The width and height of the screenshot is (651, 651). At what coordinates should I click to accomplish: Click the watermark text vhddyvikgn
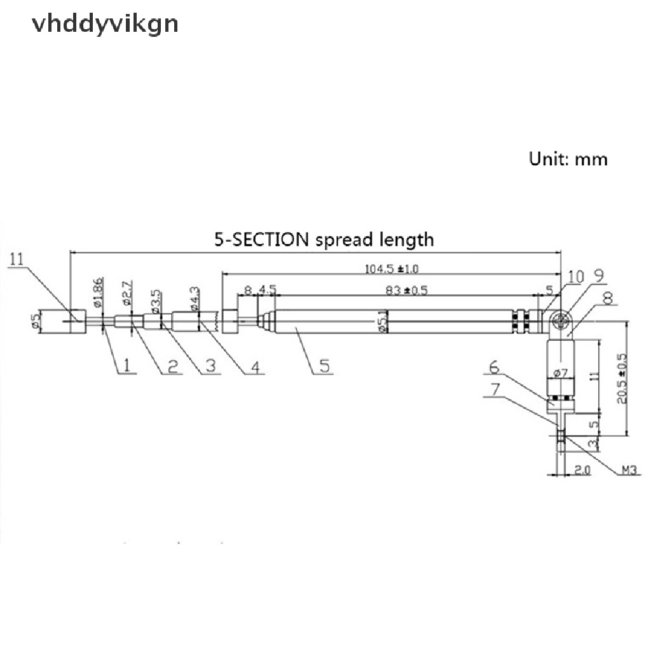click(x=105, y=24)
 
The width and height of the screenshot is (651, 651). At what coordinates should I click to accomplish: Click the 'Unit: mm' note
click(x=568, y=158)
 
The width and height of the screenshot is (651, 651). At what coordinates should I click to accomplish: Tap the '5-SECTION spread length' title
click(x=324, y=240)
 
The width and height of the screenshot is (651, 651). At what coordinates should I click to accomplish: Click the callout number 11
click(x=17, y=259)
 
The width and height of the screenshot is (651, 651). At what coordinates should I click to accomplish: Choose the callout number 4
click(x=256, y=367)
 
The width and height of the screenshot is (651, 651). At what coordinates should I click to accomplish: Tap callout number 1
click(x=126, y=366)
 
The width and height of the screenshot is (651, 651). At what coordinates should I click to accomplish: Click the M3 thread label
click(x=629, y=471)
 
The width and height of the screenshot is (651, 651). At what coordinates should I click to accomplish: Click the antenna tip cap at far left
click(x=71, y=320)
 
